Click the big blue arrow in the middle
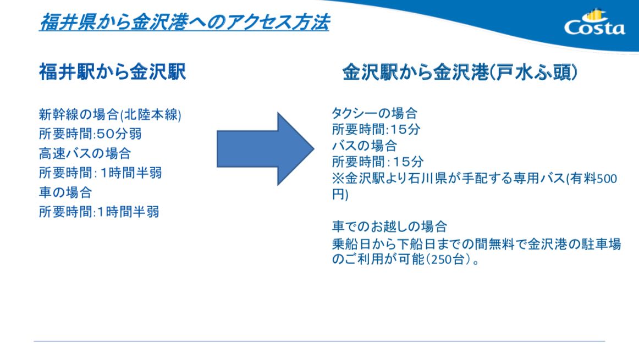pos(265,148)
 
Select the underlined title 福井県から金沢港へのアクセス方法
pos(184,23)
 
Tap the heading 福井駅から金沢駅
pos(112,72)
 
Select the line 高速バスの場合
pos(85,153)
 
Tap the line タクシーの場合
pos(374,114)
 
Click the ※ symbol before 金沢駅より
pos(338,179)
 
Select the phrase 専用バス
pos(538,179)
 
